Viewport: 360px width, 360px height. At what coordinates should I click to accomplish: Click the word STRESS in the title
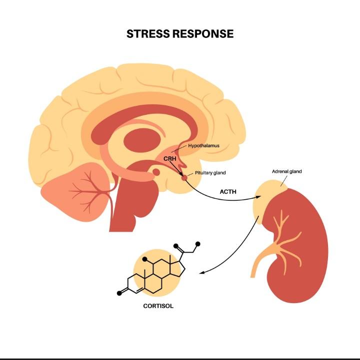click(148, 34)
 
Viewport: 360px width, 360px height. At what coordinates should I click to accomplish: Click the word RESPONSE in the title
click(203, 34)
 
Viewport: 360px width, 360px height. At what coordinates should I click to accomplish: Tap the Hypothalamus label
click(203, 146)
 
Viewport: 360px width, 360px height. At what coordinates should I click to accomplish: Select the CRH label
click(170, 159)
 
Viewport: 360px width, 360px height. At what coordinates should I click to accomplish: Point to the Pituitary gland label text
click(210, 173)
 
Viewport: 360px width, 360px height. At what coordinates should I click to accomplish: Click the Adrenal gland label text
click(286, 171)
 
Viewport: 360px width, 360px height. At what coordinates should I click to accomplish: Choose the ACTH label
click(228, 192)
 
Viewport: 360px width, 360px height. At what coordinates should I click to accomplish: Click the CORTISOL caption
click(158, 306)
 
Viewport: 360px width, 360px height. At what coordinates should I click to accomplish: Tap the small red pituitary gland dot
click(184, 177)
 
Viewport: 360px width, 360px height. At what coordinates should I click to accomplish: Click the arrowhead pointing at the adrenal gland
click(258, 197)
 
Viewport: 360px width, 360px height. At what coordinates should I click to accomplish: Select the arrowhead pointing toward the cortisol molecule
click(202, 273)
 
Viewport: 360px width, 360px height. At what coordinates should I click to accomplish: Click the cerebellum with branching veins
click(76, 192)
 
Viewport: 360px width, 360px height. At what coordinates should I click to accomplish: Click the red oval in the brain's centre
click(141, 140)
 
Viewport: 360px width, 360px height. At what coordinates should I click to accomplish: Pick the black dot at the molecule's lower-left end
click(119, 293)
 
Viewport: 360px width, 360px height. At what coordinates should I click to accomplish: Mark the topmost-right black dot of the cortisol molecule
click(197, 244)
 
